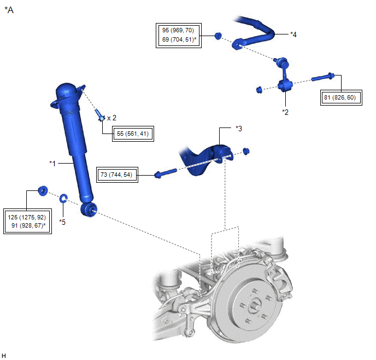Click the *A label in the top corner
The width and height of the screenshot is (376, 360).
9,10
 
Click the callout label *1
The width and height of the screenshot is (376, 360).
53,163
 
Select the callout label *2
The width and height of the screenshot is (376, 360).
285,112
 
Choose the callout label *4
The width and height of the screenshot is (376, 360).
294,34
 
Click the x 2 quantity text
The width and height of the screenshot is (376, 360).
112,118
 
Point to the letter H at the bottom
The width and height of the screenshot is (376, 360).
4,355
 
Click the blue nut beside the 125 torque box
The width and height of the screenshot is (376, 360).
42,191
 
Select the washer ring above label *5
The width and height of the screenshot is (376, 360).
63,198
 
